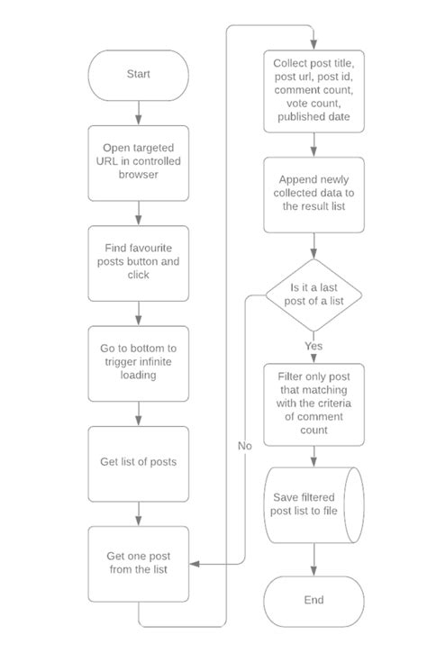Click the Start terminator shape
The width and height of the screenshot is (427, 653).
(x=138, y=75)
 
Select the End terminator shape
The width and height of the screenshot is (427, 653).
(x=313, y=601)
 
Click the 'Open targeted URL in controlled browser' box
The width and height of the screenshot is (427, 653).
(x=138, y=163)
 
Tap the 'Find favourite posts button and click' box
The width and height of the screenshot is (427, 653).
(x=138, y=263)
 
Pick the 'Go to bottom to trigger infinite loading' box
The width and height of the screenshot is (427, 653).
(x=138, y=363)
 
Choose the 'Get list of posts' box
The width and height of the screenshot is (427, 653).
(x=138, y=463)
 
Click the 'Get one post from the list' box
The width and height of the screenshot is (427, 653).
(x=138, y=562)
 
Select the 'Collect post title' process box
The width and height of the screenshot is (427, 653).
(x=313, y=90)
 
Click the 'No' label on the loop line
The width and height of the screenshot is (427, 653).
(x=245, y=445)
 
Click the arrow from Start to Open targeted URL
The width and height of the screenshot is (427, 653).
(x=138, y=112)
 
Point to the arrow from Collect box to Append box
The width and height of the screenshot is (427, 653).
(x=313, y=144)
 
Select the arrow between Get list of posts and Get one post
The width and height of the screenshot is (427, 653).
(x=138, y=512)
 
